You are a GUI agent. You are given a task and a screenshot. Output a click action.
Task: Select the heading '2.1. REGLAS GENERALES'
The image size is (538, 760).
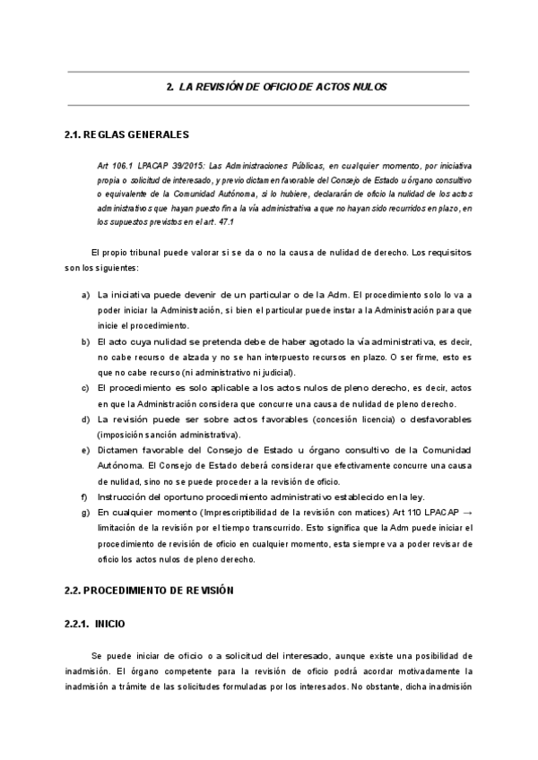click(126, 135)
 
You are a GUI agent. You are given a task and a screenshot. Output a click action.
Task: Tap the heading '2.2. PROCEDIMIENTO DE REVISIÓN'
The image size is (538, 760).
click(135, 591)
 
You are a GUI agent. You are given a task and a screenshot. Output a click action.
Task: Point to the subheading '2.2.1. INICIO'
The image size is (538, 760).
click(95, 623)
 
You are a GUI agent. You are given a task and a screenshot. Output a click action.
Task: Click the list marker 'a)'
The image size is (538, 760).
click(85, 295)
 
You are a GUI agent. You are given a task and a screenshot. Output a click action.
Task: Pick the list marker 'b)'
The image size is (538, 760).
click(85, 341)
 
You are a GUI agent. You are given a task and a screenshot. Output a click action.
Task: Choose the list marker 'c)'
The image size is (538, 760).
click(85, 388)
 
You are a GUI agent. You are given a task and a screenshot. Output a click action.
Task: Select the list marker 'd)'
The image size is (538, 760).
click(85, 419)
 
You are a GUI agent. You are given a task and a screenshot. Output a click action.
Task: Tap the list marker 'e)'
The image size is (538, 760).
click(85, 450)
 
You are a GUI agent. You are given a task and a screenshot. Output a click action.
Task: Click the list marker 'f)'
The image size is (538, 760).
click(84, 497)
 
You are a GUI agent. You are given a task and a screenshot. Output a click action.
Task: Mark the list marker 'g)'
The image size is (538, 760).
click(85, 512)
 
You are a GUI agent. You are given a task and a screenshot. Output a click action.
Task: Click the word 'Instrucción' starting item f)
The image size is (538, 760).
click(122, 497)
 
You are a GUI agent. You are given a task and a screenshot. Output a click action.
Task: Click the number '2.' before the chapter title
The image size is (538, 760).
click(170, 87)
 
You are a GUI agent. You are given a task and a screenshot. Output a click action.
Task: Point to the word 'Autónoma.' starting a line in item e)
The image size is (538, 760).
click(119, 465)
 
